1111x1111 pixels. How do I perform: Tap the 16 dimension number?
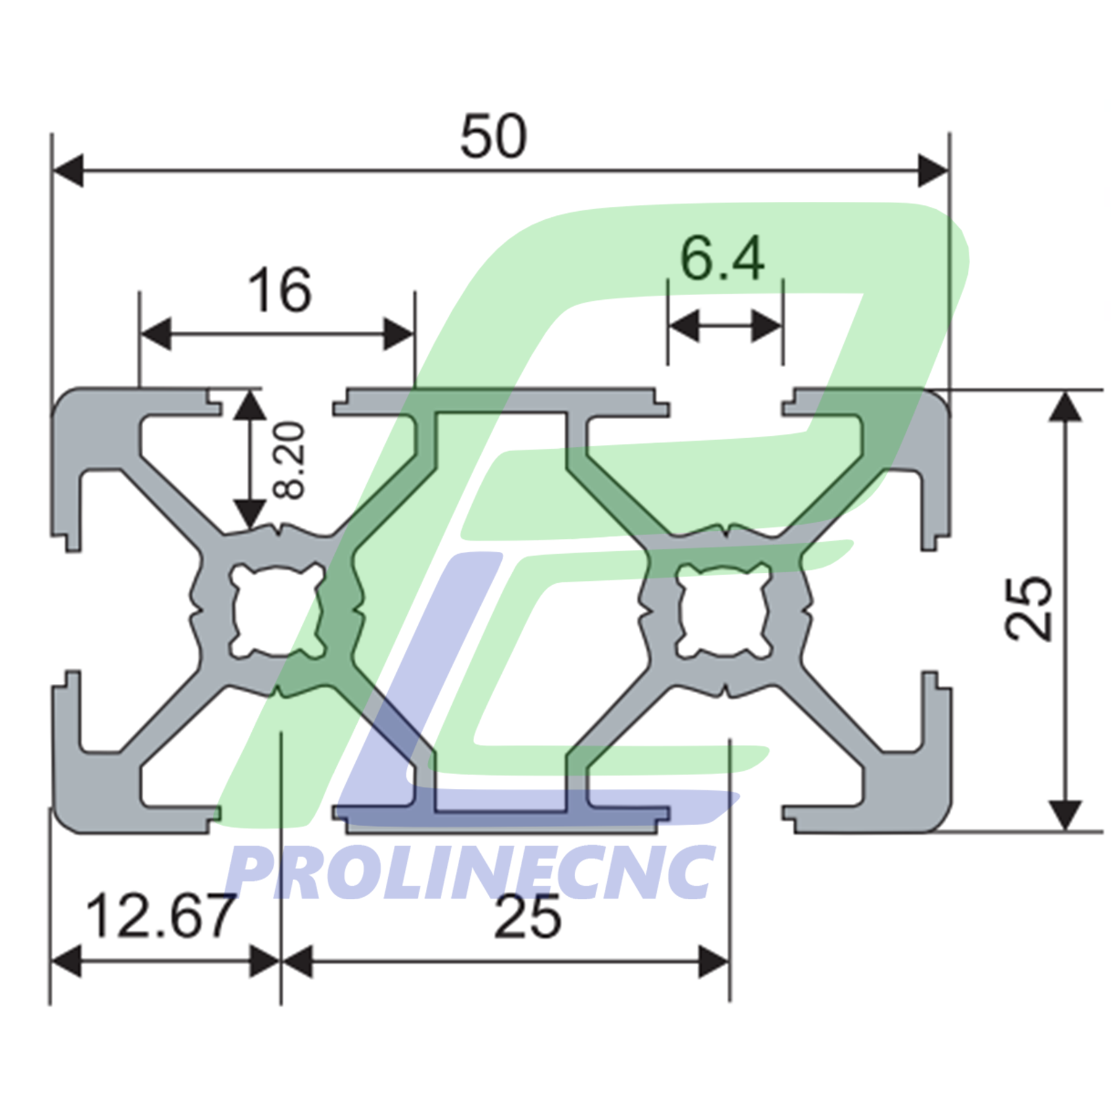(280, 290)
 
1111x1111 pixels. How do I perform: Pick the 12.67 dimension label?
(160, 917)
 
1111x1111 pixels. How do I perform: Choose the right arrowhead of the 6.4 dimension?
(767, 325)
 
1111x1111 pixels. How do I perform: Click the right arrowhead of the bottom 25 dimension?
(714, 962)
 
